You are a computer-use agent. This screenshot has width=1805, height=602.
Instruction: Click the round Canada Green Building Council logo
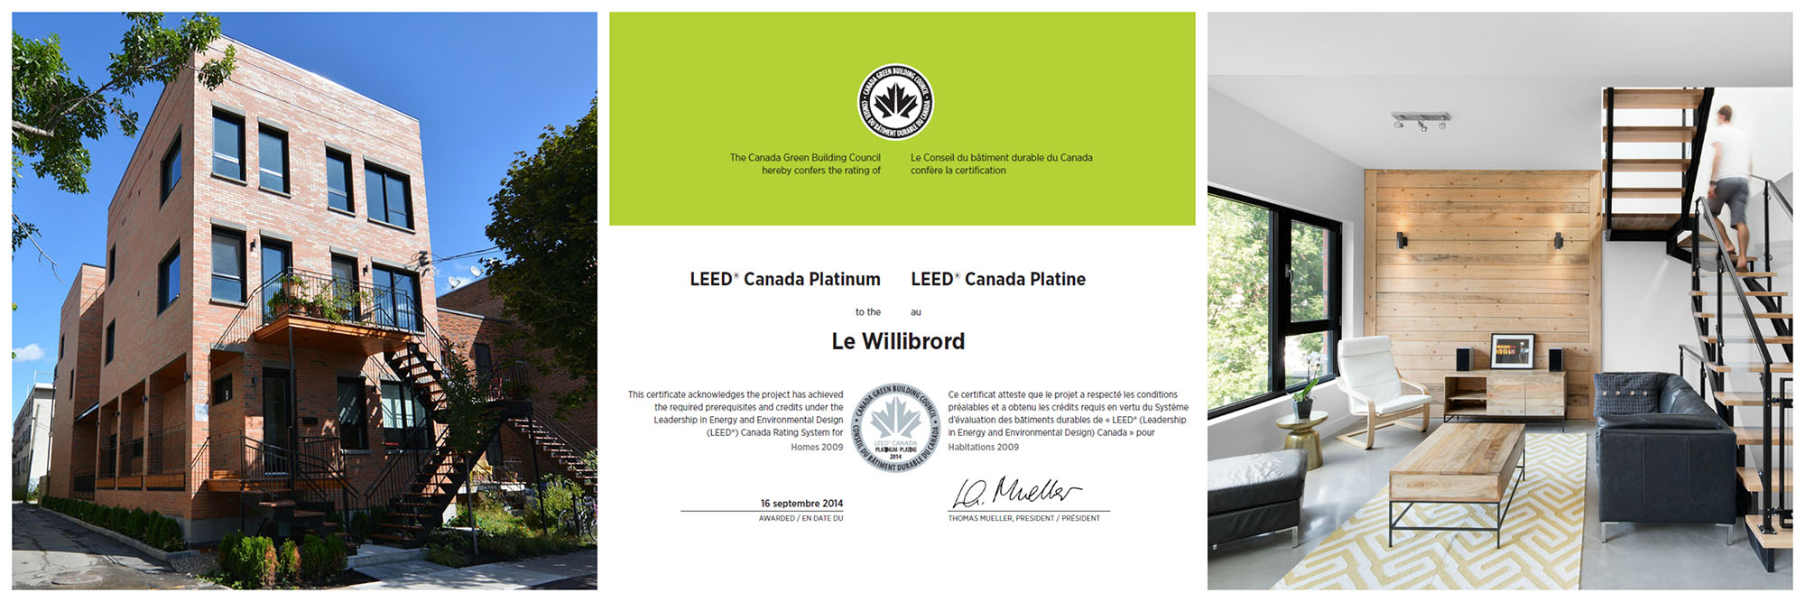[x=895, y=102]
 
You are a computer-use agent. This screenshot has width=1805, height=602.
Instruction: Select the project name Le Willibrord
[x=898, y=341]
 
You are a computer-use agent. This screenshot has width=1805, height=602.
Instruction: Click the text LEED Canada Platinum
[x=784, y=280]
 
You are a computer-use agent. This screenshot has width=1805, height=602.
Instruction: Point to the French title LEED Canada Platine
[x=998, y=280]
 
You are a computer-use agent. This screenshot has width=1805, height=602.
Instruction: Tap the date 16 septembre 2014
[x=801, y=504]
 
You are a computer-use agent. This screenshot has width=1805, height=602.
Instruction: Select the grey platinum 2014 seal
[x=896, y=428]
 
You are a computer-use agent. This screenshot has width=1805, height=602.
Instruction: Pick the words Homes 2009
[x=817, y=448]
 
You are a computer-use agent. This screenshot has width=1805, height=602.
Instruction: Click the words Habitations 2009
[x=983, y=448]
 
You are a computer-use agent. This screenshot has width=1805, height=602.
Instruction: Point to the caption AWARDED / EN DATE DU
[x=801, y=519]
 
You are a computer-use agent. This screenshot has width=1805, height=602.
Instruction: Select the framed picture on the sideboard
[x=1512, y=351]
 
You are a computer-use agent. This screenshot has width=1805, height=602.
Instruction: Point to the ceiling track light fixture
[x=1421, y=120]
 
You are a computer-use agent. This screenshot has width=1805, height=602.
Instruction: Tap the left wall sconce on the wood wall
[x=1402, y=240]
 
